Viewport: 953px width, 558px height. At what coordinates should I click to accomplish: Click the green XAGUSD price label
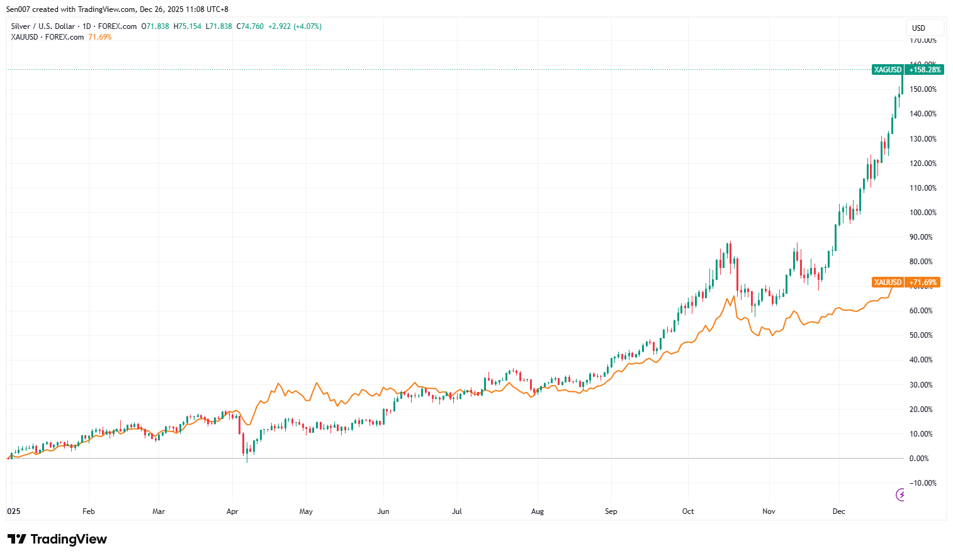888,70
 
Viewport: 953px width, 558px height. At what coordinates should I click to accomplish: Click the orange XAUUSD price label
888,282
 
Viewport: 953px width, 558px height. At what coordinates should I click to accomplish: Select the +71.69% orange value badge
923,282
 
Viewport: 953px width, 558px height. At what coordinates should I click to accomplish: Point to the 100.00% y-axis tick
923,213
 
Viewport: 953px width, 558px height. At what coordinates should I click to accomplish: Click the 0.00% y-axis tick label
919,459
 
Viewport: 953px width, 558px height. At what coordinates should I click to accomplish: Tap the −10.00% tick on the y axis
922,483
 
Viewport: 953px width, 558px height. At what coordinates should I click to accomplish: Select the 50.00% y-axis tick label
921,335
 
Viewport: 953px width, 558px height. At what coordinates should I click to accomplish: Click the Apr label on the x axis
232,511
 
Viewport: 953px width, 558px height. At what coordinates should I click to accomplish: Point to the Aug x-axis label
537,511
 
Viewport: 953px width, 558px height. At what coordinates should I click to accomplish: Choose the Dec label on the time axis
838,511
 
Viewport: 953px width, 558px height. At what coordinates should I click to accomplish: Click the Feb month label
89,511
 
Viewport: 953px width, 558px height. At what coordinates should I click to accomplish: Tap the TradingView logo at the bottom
57,539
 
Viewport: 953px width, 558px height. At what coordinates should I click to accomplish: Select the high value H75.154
188,26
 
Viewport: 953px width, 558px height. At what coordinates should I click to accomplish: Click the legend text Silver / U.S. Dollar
43,26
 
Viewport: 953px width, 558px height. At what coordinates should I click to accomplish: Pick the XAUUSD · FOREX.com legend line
47,37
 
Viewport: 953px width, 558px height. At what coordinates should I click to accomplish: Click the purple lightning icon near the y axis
900,495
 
